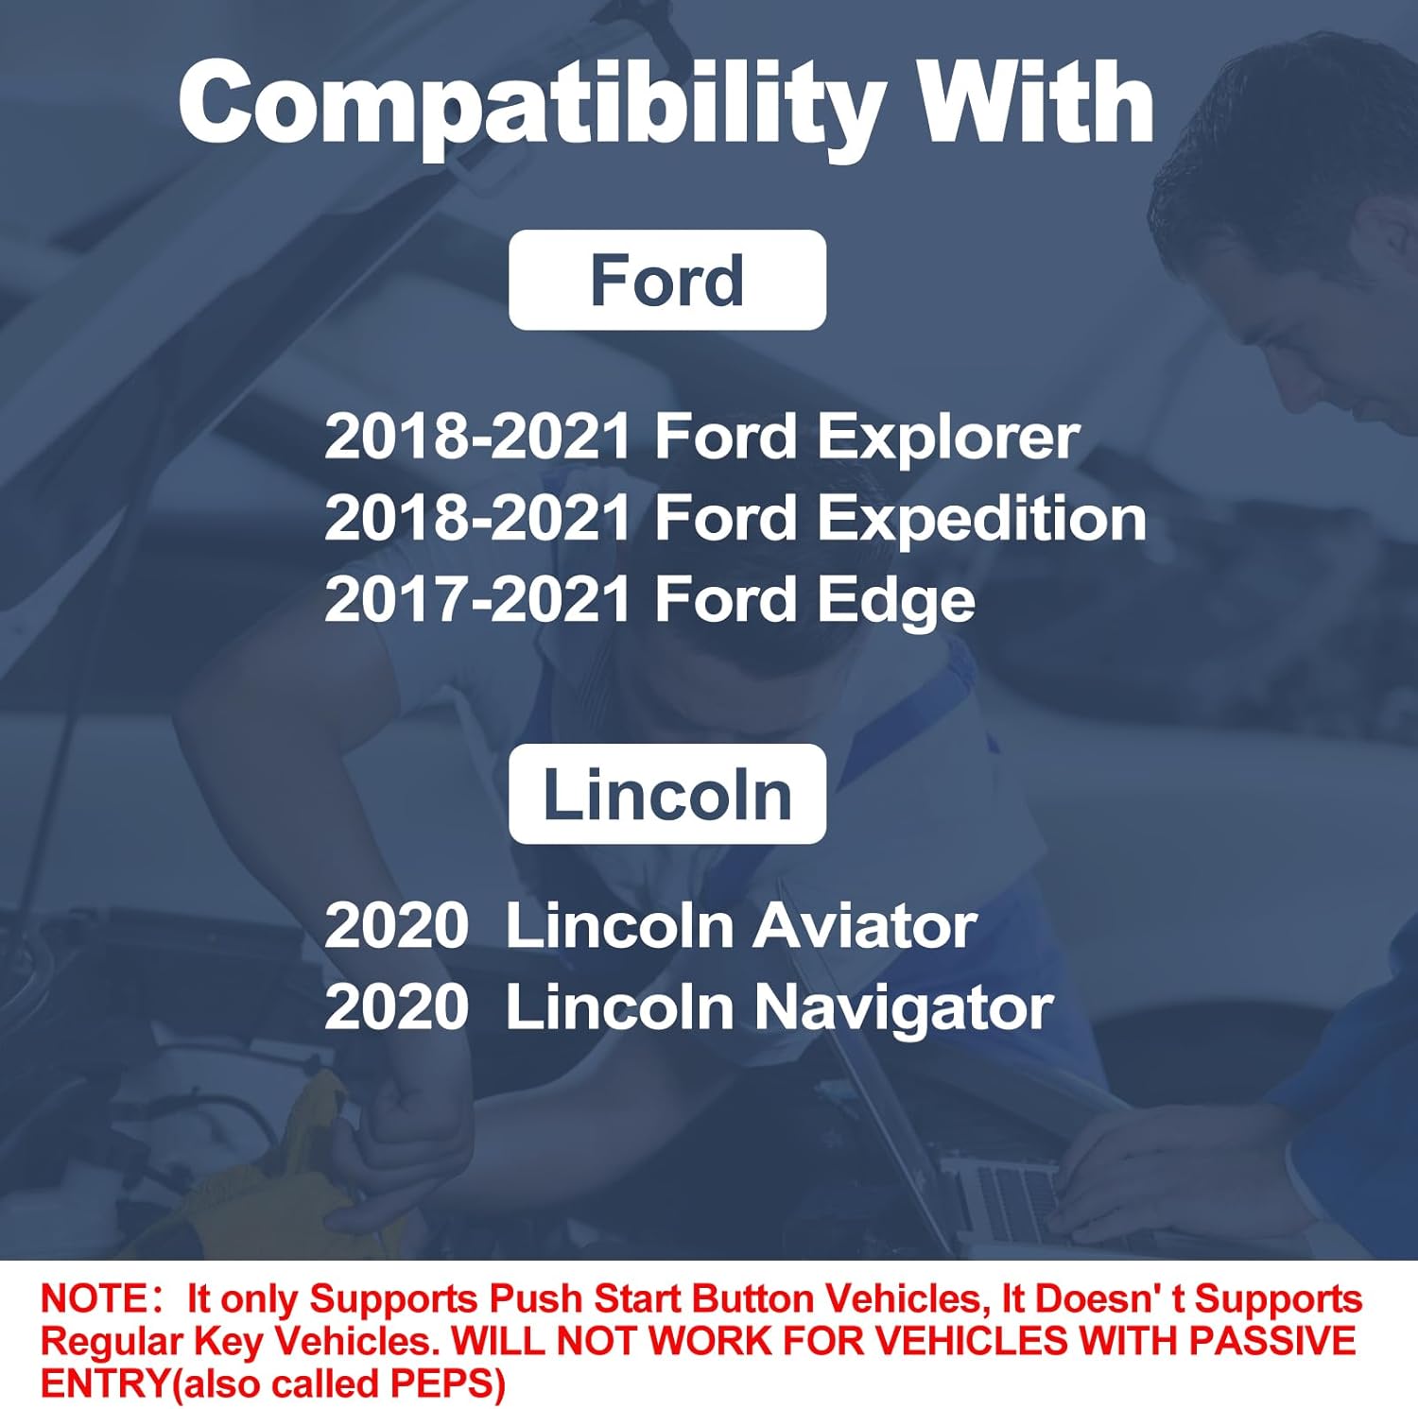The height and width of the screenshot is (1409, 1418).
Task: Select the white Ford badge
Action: pos(666,281)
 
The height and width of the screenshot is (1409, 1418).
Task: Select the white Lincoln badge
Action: pos(666,794)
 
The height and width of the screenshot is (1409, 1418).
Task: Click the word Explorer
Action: pos(947,438)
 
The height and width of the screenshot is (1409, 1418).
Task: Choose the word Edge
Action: pos(895,602)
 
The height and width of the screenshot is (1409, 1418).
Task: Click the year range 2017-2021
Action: pos(477,600)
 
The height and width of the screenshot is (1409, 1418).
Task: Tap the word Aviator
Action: pos(865,926)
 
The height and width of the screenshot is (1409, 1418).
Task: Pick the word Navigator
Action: pos(903,1008)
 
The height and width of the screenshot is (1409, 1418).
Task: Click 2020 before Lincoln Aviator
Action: pos(396,926)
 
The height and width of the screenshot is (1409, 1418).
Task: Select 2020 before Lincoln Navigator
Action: pos(396,1008)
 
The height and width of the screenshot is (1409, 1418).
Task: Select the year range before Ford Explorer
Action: pos(477,438)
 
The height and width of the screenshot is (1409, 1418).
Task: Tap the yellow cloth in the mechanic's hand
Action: pos(284,1162)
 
